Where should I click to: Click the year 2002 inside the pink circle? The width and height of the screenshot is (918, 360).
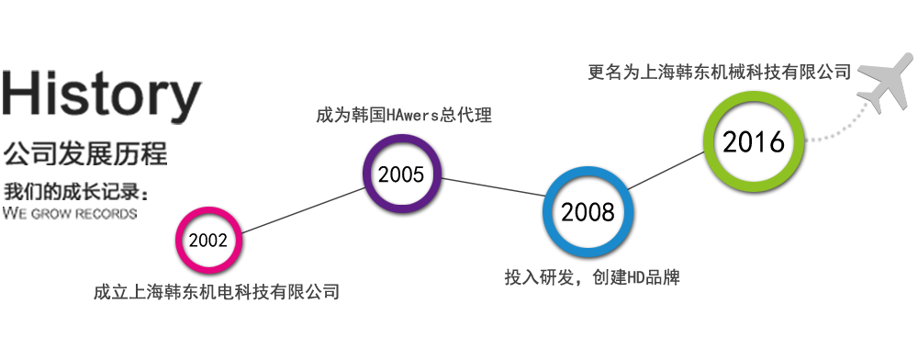tap(210, 242)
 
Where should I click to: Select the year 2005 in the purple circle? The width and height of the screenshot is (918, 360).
tap(401, 174)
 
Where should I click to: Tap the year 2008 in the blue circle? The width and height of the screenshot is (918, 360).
tap(587, 213)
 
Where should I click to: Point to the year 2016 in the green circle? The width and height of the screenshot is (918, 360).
tap(754, 142)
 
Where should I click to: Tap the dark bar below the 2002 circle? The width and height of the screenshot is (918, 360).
tap(216, 292)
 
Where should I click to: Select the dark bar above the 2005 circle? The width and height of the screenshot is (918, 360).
tap(403, 115)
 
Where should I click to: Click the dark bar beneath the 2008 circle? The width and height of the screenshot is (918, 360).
tap(591, 277)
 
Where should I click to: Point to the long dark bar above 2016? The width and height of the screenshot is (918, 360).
tap(716, 71)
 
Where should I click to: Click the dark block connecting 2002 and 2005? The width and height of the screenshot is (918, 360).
tap(303, 209)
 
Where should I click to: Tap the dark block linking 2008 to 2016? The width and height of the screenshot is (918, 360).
tap(663, 167)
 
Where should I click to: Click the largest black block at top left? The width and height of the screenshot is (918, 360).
tap(103, 96)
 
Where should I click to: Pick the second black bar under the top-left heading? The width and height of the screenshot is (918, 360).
tap(85, 152)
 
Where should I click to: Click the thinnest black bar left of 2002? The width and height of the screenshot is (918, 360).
tap(70, 213)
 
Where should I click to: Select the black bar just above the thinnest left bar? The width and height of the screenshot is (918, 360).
tap(74, 191)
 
